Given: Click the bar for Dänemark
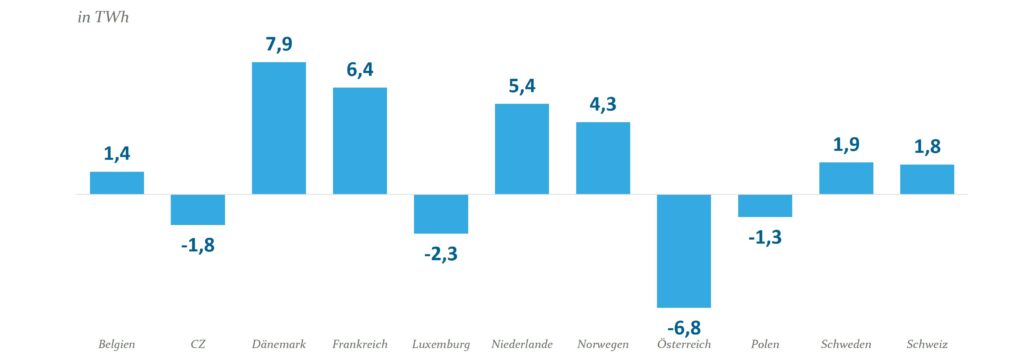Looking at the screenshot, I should [279, 128].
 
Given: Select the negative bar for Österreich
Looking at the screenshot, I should [684, 250].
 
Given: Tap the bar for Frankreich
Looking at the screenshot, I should [360, 141].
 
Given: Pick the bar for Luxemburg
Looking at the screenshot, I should [441, 213].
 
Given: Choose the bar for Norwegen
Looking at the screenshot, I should [603, 158].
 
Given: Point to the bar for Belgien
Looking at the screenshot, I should [117, 183].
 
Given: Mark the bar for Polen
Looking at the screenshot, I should [765, 205].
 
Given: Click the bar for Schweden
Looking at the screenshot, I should [846, 178].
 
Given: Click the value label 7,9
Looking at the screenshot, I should [279, 44].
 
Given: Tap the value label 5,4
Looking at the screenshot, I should [522, 86].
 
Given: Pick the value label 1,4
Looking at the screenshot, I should [117, 154].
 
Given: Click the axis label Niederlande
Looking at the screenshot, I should [522, 345].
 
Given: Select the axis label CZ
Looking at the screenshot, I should [198, 345].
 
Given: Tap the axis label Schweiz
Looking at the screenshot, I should [927, 345].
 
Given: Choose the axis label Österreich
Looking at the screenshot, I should [684, 345].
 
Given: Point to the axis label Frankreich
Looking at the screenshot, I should [360, 345].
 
